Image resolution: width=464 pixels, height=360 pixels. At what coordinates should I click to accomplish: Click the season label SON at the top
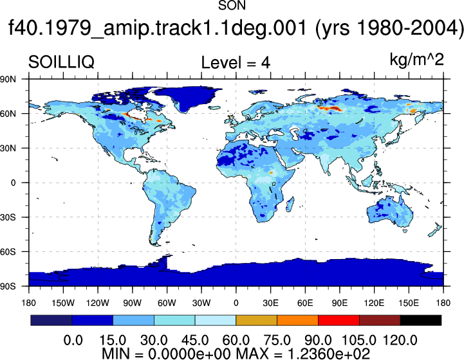(232, 5)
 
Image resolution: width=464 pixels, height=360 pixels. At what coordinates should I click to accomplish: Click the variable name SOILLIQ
(61, 62)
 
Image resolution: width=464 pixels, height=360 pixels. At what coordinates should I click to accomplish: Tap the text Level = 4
(236, 62)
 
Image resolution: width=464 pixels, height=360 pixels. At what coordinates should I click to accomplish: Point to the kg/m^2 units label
(416, 60)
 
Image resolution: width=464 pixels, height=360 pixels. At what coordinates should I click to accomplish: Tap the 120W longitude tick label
(98, 303)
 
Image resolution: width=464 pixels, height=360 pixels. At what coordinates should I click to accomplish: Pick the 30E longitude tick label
(270, 303)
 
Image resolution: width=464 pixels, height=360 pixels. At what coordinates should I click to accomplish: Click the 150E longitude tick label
(409, 303)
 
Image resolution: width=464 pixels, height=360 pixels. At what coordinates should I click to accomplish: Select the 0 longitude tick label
(236, 303)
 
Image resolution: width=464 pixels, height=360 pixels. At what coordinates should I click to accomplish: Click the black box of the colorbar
(420, 320)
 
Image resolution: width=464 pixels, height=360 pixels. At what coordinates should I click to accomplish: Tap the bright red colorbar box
(339, 320)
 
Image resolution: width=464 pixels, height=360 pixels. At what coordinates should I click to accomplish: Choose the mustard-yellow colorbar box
(256, 320)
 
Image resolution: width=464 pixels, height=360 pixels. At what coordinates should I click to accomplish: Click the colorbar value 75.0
(277, 340)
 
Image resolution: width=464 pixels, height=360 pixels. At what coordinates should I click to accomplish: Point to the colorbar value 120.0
(400, 340)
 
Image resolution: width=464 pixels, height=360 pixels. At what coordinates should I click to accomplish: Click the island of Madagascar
(290, 204)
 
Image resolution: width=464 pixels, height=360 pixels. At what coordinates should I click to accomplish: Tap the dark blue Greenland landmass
(188, 97)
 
